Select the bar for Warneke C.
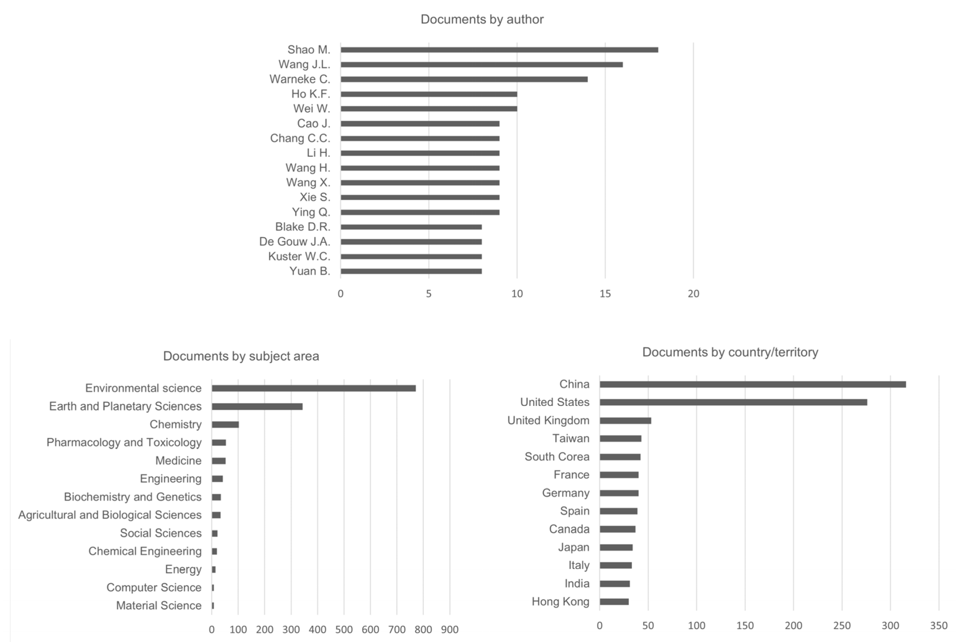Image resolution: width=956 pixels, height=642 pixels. coord(464,79)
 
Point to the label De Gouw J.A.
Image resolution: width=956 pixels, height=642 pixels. coord(294,241)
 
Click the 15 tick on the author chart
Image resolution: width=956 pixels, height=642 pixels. coord(605,293)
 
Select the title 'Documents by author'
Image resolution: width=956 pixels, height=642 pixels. coord(482,19)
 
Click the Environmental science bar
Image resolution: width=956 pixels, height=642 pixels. coord(313,388)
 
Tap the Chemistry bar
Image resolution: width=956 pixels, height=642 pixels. coord(225,424)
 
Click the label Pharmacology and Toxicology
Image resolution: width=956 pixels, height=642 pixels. coord(124,443)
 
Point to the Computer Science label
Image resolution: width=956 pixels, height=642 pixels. coord(154,588)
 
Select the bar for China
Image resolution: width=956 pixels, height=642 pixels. coord(753,384)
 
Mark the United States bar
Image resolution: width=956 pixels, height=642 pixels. coord(733,402)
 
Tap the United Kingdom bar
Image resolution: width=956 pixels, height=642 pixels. coord(625,420)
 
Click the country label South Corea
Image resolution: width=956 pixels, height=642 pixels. coord(557,457)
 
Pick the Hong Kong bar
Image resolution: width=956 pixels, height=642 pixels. coord(614,602)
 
